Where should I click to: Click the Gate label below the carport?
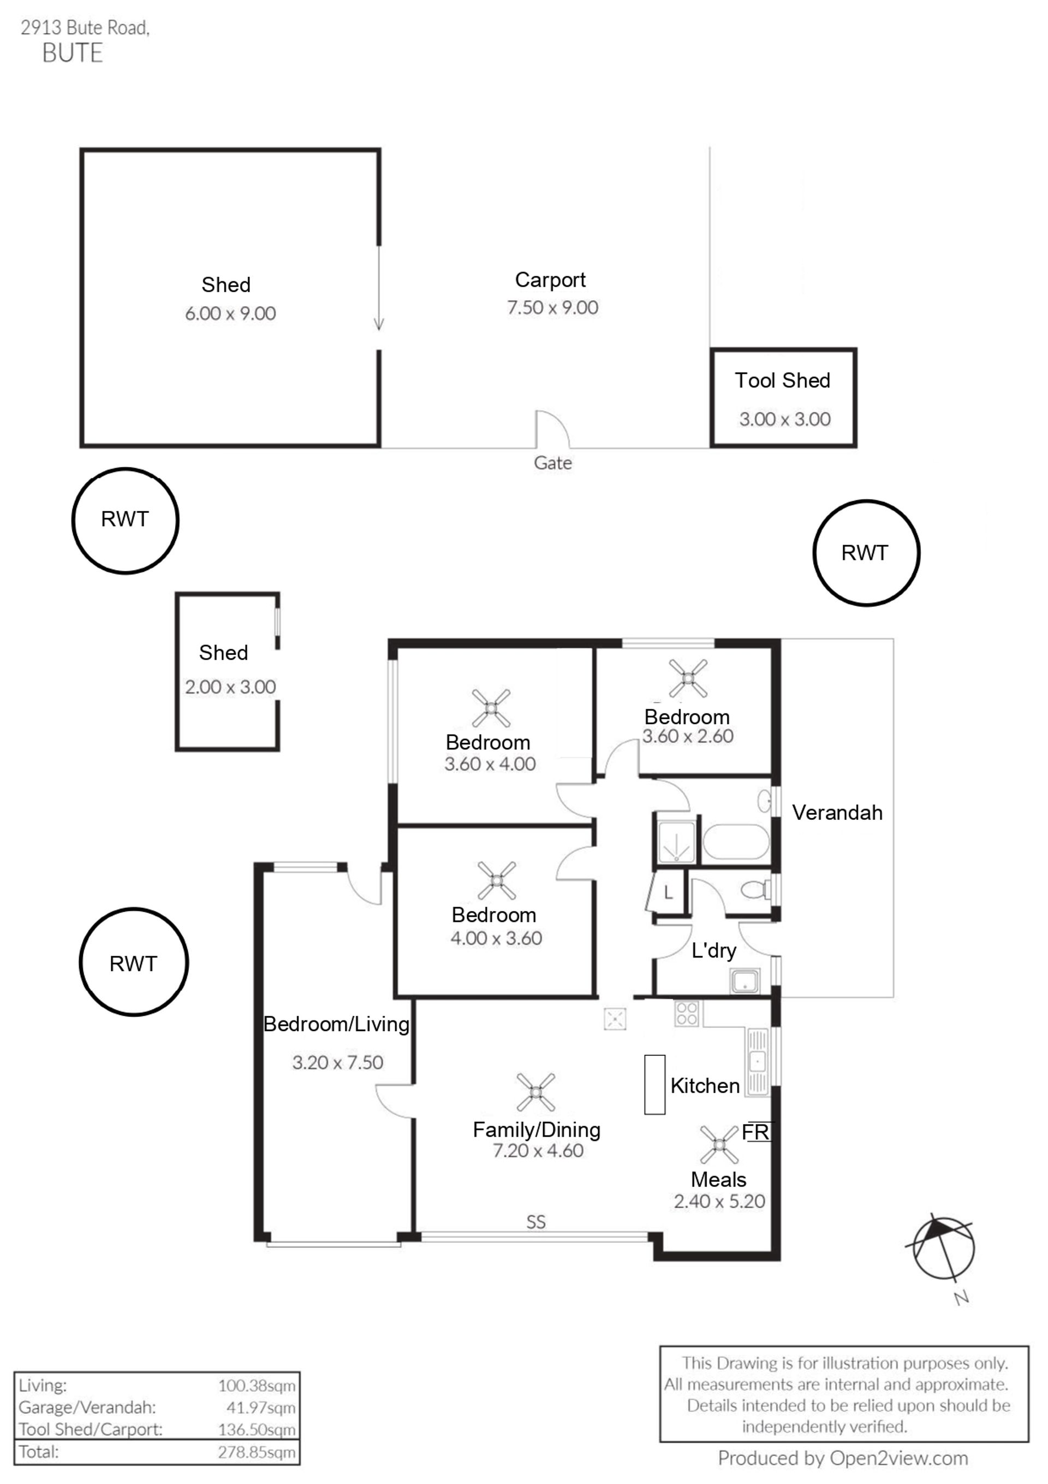(552, 463)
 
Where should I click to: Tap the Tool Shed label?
(782, 381)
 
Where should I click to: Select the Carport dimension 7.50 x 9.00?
(552, 308)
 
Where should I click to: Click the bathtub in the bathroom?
(735, 842)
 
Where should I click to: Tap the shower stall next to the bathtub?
(676, 842)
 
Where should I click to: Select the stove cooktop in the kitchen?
(686, 1014)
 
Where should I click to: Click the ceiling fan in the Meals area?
(718, 1145)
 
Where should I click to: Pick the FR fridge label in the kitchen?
(755, 1132)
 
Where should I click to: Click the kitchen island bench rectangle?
(654, 1085)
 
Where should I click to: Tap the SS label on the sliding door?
(535, 1222)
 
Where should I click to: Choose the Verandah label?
(837, 812)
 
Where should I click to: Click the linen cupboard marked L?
(668, 893)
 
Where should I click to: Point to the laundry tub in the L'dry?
(745, 982)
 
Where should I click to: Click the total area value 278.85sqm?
(257, 1452)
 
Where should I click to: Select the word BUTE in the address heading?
(73, 53)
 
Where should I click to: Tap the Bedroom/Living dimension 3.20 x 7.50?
(337, 1062)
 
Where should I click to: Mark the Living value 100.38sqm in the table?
(257, 1386)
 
